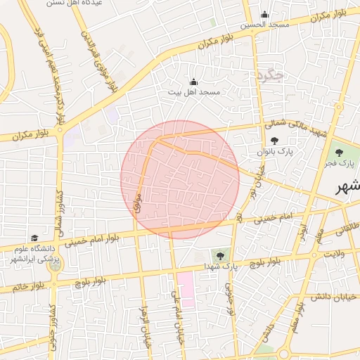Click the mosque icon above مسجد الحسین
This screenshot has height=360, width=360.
click(264, 15)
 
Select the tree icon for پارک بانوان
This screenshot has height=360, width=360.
click(274, 141)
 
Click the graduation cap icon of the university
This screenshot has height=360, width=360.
click(34, 238)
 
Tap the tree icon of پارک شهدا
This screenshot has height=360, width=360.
click(220, 256)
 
